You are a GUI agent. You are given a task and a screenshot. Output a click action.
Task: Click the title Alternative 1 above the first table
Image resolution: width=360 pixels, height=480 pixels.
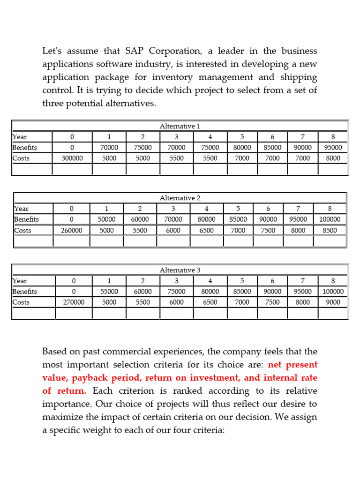coord(180,126)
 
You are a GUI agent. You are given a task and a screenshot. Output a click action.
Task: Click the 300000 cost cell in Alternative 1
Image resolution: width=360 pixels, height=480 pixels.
coord(72,158)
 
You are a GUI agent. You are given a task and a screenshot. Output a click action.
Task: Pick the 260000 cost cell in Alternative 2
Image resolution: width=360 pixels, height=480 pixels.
coord(72,230)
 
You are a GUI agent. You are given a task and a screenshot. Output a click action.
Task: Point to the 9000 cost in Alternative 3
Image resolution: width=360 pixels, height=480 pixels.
coord(333,302)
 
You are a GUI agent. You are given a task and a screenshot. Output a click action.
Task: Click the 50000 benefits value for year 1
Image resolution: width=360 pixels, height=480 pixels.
coord(106,219)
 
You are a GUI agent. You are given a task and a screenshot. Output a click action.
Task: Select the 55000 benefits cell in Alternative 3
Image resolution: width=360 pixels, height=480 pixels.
coord(109,292)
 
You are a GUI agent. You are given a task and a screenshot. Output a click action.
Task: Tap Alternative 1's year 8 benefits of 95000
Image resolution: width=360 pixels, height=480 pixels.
coord(333,148)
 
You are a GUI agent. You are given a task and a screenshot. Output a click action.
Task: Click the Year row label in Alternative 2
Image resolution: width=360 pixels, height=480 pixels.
coord(22,209)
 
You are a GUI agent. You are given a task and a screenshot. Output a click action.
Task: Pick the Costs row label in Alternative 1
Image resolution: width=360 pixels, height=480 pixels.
coord(21,158)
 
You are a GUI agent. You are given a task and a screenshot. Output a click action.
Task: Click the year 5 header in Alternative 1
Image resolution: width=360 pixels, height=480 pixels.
coord(242,137)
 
